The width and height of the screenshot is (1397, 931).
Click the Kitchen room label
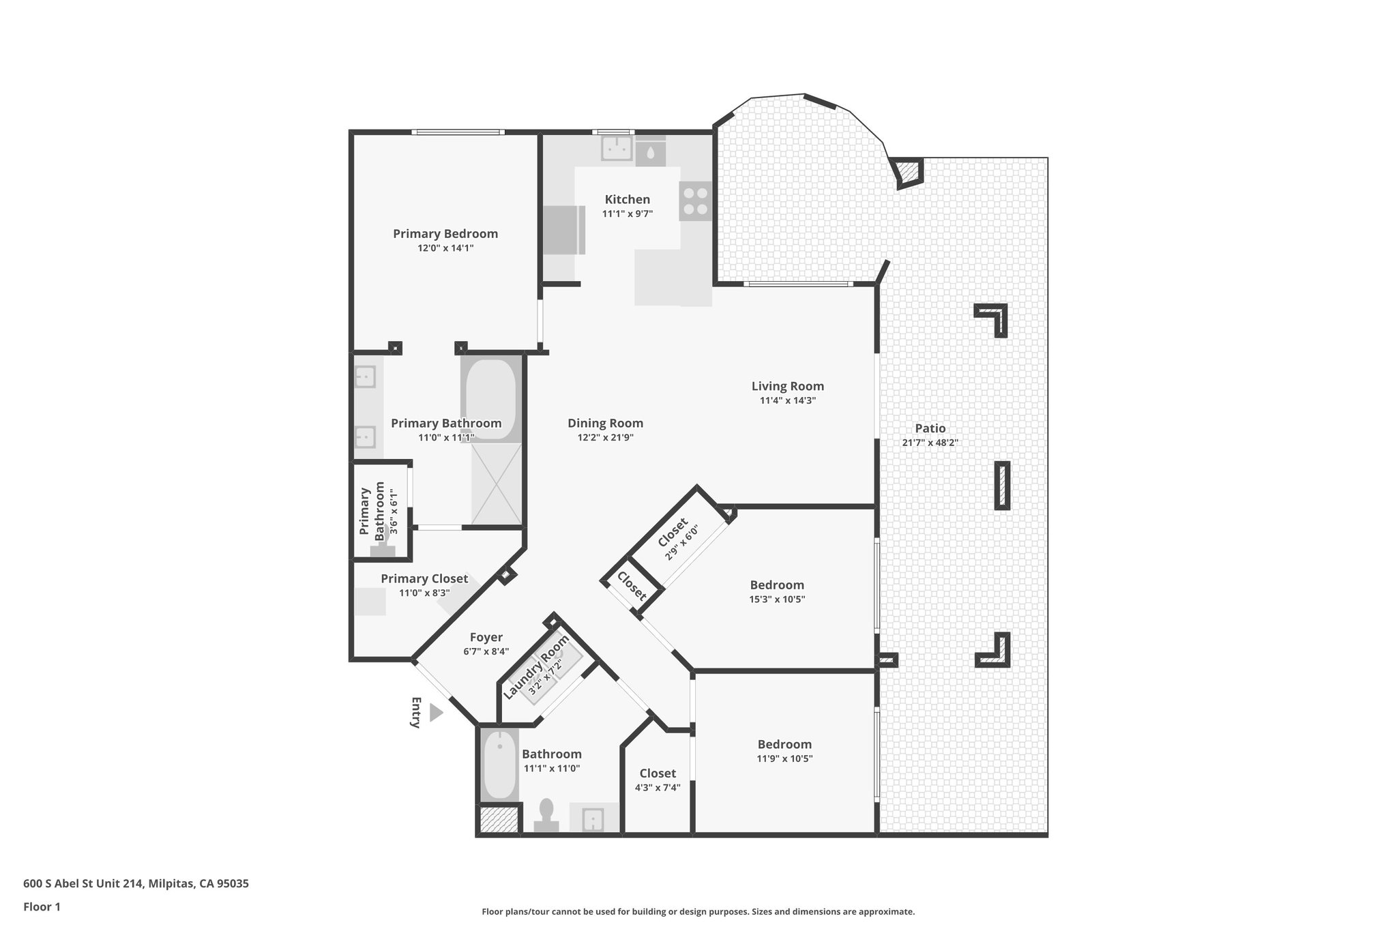pyautogui.click(x=627, y=199)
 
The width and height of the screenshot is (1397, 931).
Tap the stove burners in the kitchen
pyautogui.click(x=694, y=201)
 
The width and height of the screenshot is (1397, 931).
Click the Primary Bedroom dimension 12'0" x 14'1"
pyautogui.click(x=445, y=248)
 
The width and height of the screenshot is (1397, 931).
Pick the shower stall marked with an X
pyautogui.click(x=496, y=484)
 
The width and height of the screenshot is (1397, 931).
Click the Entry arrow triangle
pyautogui.click(x=436, y=713)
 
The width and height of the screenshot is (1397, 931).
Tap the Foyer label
pyautogui.click(x=486, y=637)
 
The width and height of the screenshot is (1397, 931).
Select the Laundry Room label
pyautogui.click(x=536, y=666)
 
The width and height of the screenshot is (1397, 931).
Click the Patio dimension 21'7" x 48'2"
pyautogui.click(x=930, y=442)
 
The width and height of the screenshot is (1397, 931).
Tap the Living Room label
pyautogui.click(x=787, y=386)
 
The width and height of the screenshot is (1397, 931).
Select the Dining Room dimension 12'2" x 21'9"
pyautogui.click(x=605, y=437)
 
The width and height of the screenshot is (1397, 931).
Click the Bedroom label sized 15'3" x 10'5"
pyautogui.click(x=776, y=585)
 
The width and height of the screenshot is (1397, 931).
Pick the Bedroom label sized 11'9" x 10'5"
pyautogui.click(x=784, y=744)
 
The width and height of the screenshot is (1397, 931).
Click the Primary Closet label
pyautogui.click(x=424, y=578)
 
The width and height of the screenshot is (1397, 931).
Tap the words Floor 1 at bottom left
pyautogui.click(x=42, y=907)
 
